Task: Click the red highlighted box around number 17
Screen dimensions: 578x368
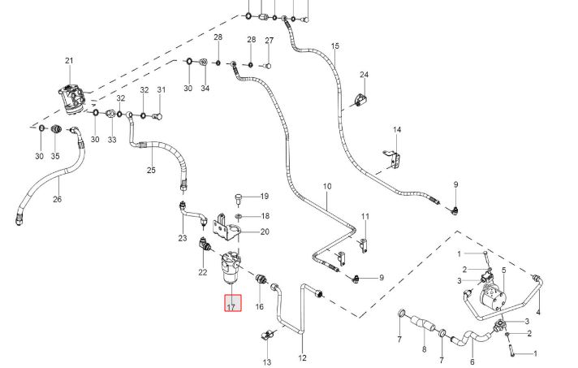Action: (233, 303)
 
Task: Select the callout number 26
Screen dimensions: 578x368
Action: (57, 200)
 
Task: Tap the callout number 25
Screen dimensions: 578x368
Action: (151, 170)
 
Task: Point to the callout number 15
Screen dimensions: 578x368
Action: (334, 46)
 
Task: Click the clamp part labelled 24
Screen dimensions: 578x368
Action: (361, 100)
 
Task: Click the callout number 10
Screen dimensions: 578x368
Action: (327, 186)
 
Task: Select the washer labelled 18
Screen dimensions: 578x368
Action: (239, 216)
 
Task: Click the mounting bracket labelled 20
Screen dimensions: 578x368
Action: (225, 227)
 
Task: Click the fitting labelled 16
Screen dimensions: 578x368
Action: (261, 279)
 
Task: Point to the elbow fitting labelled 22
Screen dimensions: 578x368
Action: (205, 244)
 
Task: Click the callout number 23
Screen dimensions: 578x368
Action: (183, 238)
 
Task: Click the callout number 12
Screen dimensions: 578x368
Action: (302, 357)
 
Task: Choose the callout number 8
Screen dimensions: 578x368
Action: (425, 349)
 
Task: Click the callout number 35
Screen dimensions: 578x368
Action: (55, 156)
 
